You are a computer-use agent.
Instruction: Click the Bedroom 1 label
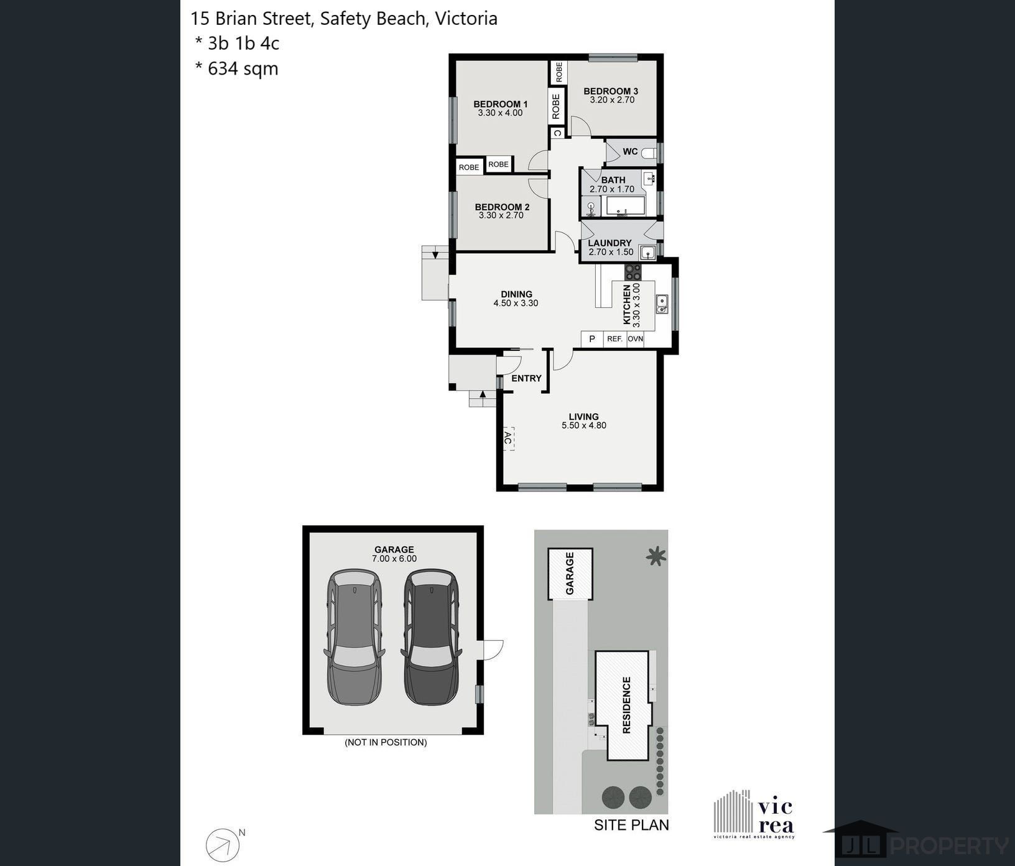[x=500, y=104]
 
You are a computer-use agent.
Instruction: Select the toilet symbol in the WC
[x=649, y=152]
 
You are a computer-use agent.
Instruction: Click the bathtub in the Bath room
[x=626, y=205]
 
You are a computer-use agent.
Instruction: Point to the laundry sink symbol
[x=648, y=252]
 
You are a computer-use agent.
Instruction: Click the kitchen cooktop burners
[x=633, y=271]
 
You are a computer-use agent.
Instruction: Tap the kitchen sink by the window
[x=662, y=304]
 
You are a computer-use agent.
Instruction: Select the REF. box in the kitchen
[x=614, y=339]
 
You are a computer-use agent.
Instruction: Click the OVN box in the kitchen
[x=635, y=339]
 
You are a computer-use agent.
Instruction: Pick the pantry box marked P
[x=592, y=339]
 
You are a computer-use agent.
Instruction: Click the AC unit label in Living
[x=507, y=439]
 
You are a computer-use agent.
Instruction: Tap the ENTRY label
[x=526, y=378]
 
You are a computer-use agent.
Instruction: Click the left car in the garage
[x=354, y=636]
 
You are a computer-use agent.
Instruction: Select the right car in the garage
[x=432, y=636]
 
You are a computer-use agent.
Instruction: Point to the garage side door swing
[x=493, y=649]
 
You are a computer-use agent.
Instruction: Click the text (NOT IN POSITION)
[x=386, y=742]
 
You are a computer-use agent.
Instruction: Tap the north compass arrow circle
[x=223, y=845]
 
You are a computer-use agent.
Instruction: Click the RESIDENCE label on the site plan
[x=626, y=705]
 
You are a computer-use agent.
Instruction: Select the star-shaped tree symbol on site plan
[x=656, y=556]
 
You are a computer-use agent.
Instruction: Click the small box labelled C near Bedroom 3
[x=557, y=133]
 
